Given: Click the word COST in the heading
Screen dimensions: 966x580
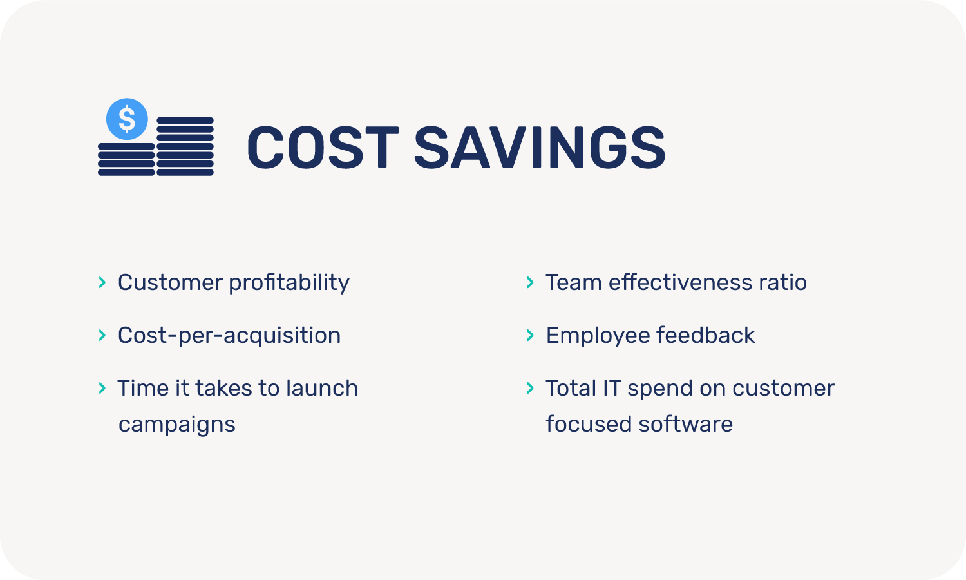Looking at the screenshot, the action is click(323, 147).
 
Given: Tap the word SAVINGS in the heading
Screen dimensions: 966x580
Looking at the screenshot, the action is click(540, 147).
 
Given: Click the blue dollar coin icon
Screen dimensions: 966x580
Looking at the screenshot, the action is click(127, 119).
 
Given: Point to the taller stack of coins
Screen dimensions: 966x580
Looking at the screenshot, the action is click(185, 146).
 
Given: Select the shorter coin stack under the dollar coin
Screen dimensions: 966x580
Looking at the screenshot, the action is click(126, 159).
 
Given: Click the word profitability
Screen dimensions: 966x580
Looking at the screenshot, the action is click(289, 284).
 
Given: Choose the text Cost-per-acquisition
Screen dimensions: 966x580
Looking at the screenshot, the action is click(229, 336).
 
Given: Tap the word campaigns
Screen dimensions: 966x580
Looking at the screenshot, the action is click(177, 425).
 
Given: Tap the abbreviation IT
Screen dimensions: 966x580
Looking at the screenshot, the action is click(612, 388).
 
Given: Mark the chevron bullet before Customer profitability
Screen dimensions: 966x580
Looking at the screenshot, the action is click(102, 283).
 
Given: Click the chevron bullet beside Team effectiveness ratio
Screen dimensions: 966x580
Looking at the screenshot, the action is click(531, 283).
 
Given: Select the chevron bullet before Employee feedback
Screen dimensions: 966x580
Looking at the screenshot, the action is click(531, 335).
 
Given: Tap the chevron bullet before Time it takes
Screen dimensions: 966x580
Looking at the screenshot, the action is click(102, 388).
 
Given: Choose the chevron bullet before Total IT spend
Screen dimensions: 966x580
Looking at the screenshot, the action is click(531, 388).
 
